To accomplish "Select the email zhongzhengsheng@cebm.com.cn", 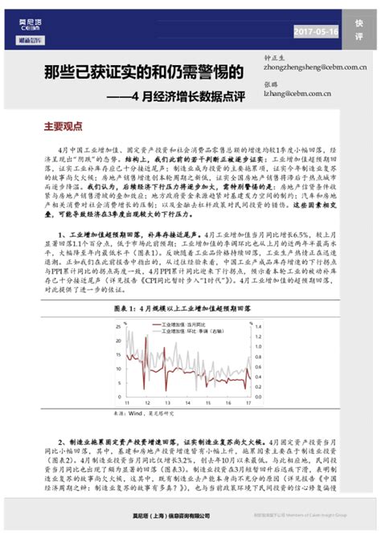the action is tap(309, 67).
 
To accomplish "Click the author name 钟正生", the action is tap(275, 57).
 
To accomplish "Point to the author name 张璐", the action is tap(270, 84).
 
